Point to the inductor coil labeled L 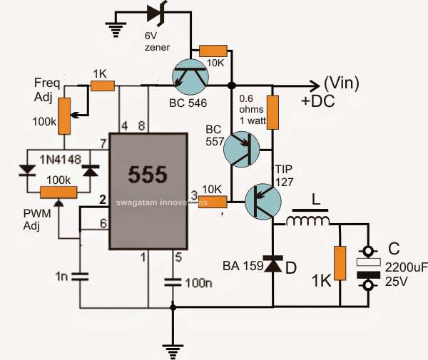309,222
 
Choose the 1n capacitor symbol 79,275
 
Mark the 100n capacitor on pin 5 172,281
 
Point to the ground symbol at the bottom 172,347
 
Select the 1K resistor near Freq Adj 103,86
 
